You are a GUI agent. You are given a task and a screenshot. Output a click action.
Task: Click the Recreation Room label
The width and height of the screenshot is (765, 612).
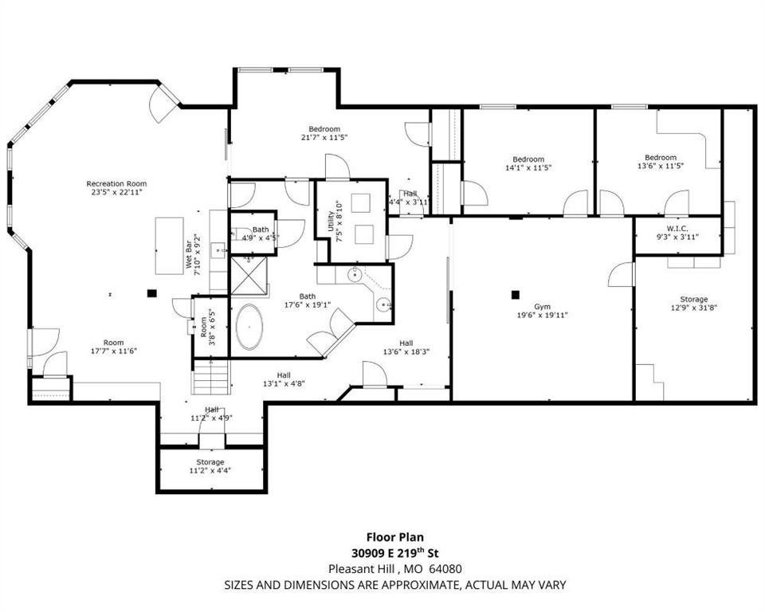pyautogui.click(x=116, y=184)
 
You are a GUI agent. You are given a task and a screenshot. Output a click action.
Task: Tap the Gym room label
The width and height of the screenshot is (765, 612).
pyautogui.click(x=542, y=307)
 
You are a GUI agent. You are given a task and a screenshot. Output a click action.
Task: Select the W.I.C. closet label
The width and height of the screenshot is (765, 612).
pyautogui.click(x=677, y=229)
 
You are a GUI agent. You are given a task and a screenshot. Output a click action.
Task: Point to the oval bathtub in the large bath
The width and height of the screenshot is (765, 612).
pyautogui.click(x=249, y=327)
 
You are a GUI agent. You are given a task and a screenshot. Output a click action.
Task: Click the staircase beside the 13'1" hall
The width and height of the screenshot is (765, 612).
pyautogui.click(x=210, y=377)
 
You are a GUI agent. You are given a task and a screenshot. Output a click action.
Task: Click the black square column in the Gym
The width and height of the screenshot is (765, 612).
pyautogui.click(x=516, y=294)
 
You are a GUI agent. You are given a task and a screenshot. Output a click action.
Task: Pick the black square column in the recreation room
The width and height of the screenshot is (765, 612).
pyautogui.click(x=152, y=292)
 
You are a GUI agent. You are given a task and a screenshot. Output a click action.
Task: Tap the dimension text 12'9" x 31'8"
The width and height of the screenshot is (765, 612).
pyautogui.click(x=694, y=308)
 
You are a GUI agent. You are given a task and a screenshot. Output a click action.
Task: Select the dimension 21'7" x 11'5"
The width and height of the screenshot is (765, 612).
pyautogui.click(x=324, y=138)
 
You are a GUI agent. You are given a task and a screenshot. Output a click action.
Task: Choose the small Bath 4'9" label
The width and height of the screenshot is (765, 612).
pyautogui.click(x=261, y=229)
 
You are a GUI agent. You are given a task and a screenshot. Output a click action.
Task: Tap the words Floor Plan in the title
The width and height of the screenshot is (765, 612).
pyautogui.click(x=395, y=537)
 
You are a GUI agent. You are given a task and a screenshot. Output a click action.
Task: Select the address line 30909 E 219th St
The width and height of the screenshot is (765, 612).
pyautogui.click(x=395, y=553)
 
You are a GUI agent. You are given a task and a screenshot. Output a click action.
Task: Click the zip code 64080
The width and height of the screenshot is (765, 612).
pyautogui.click(x=445, y=568)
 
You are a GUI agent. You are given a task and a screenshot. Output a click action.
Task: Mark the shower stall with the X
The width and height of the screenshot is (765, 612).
pyautogui.click(x=249, y=276)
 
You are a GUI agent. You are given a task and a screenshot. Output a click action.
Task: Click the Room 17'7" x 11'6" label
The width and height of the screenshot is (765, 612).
pyautogui.click(x=114, y=347)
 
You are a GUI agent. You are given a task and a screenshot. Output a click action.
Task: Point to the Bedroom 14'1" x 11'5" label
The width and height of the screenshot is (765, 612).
pyautogui.click(x=528, y=163)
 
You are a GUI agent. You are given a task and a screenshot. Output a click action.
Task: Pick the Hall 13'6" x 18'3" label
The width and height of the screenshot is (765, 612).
pyautogui.click(x=406, y=347)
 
